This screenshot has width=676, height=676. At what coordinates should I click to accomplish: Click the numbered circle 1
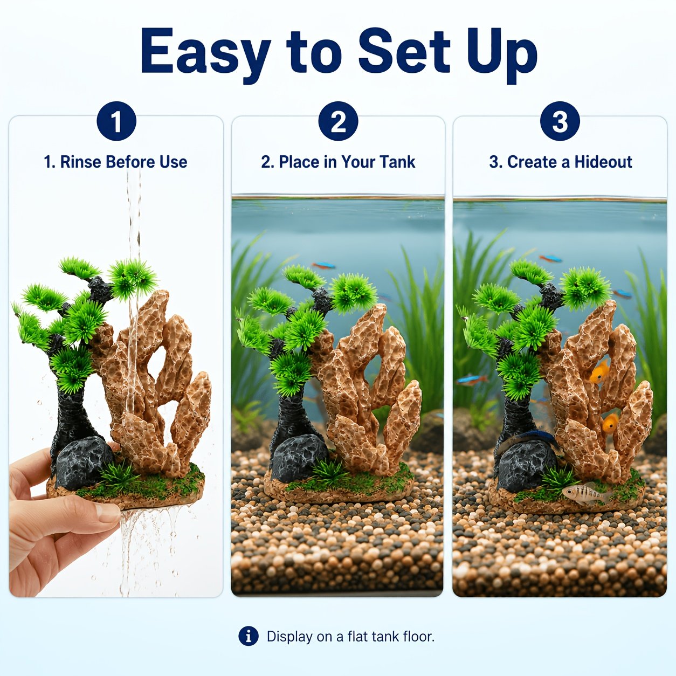(116, 121)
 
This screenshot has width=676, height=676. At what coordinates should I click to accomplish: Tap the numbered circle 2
(338, 121)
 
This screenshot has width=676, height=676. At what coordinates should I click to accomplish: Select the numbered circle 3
(560, 121)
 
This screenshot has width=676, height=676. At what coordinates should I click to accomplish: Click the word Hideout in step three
(603, 162)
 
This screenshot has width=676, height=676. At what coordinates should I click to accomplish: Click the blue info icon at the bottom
(249, 636)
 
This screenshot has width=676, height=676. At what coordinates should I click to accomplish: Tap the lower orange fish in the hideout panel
(610, 423)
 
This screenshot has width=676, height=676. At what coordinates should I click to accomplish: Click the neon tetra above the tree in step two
(323, 265)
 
